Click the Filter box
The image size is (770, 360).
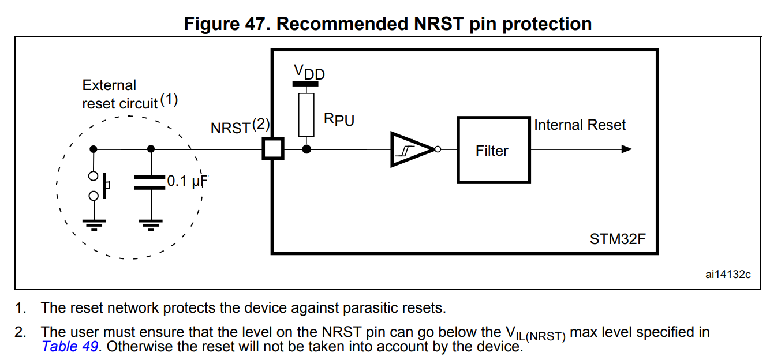(x=493, y=150)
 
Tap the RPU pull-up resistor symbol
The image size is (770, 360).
(x=307, y=115)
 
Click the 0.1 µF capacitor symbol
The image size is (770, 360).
(x=151, y=182)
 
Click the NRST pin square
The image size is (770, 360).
(x=272, y=149)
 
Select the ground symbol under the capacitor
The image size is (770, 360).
(x=151, y=224)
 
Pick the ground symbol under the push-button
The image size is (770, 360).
(x=94, y=224)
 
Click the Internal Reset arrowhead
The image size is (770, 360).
(x=626, y=149)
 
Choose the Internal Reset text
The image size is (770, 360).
(x=580, y=125)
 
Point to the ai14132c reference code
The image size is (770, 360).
(x=728, y=274)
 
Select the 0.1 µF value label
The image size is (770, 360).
(x=186, y=181)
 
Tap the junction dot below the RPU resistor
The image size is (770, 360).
(x=307, y=149)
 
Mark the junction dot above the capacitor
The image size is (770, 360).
(x=151, y=149)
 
